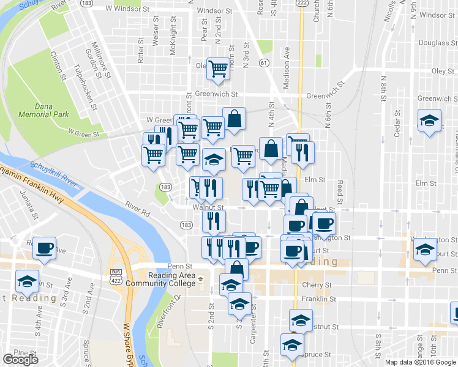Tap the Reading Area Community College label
point(160,279)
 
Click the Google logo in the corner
point(21,360)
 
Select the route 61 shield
point(263,62)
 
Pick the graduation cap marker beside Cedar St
point(429,120)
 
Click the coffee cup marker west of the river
point(44,248)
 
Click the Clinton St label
point(59,66)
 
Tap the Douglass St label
point(434,43)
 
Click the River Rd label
point(137,209)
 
